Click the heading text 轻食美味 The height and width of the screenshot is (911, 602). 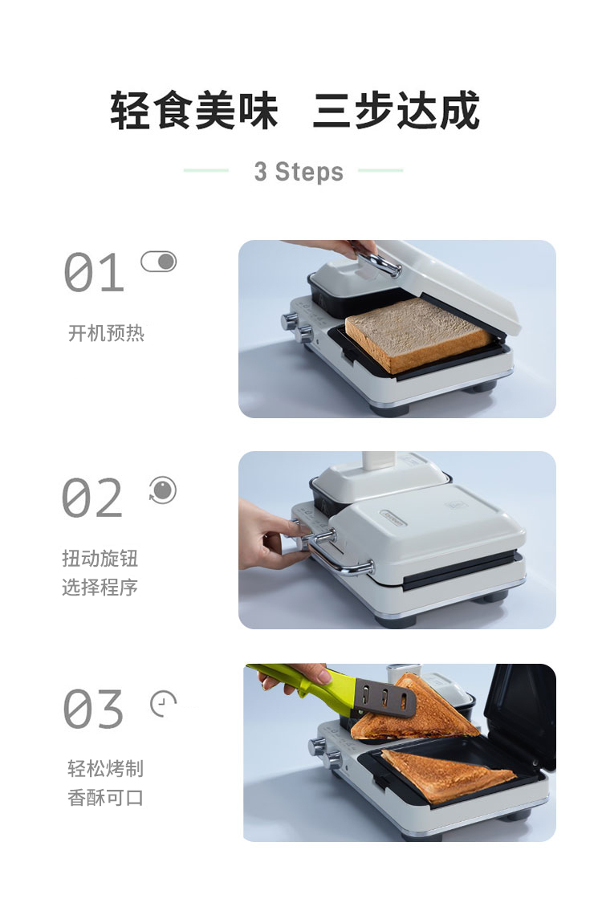tap(194, 111)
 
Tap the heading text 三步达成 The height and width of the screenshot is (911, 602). tap(397, 111)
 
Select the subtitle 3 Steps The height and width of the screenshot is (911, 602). tap(299, 172)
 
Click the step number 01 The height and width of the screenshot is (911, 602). tap(94, 272)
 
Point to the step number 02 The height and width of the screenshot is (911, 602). tap(92, 498)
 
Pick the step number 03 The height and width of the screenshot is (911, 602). tap(93, 709)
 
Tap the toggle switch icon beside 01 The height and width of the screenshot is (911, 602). tap(159, 262)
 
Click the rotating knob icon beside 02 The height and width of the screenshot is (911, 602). tap(162, 490)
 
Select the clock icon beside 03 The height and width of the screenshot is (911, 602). tap(163, 704)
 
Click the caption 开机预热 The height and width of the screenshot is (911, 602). tap(106, 333)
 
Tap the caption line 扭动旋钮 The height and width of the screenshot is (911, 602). tap(100, 559)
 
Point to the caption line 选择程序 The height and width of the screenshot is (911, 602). tap(100, 588)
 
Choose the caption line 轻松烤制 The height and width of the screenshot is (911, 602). tap(105, 769)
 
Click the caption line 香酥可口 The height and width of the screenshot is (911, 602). tap(105, 798)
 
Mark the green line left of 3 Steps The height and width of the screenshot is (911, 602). tap(206, 171)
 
